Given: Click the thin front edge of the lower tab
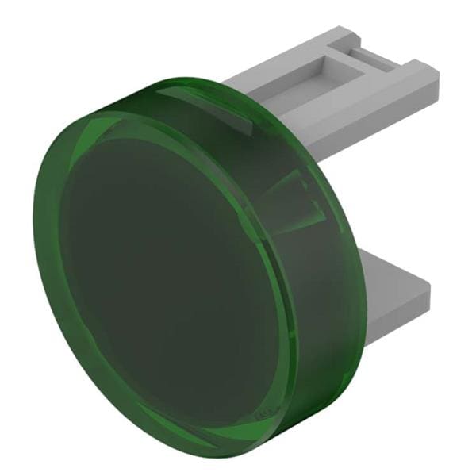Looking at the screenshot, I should point(397,305).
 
